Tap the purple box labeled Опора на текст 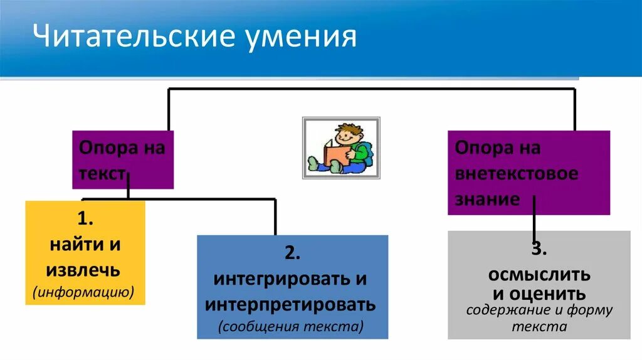(122, 160)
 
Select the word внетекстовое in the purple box (516, 174)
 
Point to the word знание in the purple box (487, 199)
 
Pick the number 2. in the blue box (293, 253)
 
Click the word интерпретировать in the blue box (290, 305)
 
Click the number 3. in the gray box (539, 249)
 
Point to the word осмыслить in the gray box (539, 275)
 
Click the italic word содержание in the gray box (508, 310)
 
